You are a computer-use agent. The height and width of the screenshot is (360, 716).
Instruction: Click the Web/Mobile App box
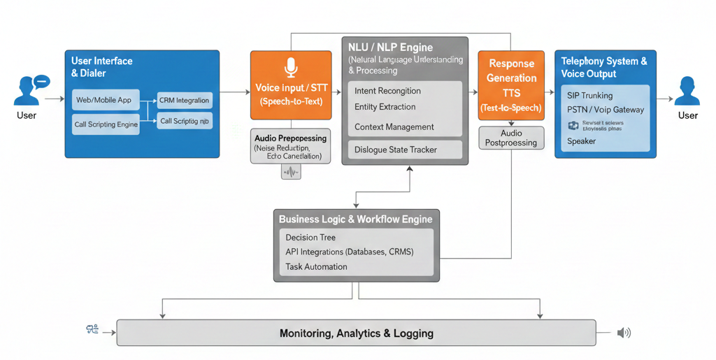103,100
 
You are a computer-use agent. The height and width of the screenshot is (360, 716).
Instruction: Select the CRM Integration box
184,101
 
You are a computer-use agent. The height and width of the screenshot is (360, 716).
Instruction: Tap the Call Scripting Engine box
106,124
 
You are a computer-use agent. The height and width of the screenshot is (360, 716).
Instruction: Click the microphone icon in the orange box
291,68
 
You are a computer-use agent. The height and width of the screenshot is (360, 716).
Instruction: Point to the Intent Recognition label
387,91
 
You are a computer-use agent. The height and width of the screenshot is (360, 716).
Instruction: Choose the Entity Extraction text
385,107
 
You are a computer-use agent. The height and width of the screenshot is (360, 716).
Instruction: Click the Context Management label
394,127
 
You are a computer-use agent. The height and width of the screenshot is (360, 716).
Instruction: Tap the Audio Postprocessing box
511,138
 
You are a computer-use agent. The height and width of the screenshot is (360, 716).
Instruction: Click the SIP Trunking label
589,95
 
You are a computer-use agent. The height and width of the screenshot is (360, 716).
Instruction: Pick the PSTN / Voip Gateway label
606,110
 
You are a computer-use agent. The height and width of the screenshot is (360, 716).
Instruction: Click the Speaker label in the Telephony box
581,141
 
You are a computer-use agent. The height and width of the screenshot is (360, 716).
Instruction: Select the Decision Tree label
310,238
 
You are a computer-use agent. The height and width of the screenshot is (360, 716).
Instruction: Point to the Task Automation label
316,267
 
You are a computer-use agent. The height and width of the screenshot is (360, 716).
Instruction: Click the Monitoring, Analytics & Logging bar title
356,333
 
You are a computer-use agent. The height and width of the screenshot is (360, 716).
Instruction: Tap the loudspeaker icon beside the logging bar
624,333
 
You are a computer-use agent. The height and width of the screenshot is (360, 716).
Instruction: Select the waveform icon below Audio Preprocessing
291,172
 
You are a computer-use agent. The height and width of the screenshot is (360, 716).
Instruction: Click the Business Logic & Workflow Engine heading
355,219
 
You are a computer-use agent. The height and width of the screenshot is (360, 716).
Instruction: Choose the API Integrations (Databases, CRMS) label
349,252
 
